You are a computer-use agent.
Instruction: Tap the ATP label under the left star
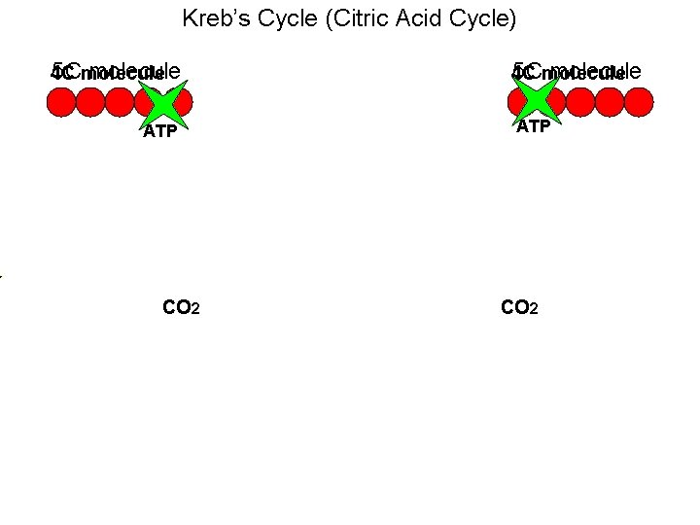(159, 132)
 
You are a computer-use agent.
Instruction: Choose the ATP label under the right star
(534, 126)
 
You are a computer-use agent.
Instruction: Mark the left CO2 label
(181, 308)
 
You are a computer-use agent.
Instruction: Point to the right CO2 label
(518, 308)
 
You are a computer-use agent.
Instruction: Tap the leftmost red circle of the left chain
(61, 102)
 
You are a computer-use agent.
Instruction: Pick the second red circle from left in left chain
(90, 102)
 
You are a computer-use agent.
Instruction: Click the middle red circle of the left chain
(120, 102)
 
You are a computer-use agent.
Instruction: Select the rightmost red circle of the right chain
(639, 102)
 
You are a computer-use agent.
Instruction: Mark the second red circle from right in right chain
(610, 102)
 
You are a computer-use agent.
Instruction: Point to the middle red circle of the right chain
(580, 102)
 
